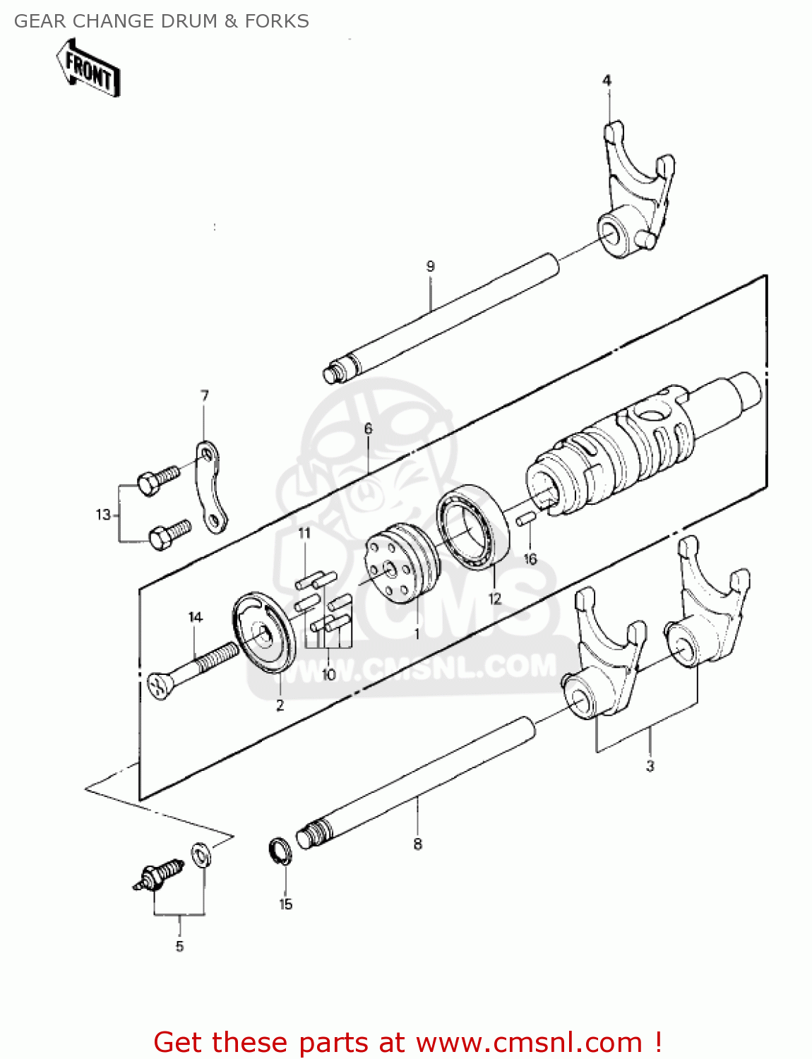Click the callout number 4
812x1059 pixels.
coord(607,80)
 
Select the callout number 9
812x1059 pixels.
coord(431,266)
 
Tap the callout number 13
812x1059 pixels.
coord(104,515)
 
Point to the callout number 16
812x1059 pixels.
coord(530,559)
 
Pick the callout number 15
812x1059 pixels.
coord(285,904)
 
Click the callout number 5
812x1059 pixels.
coord(179,946)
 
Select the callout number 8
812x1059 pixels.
coord(418,844)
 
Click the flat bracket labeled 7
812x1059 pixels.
coord(210,488)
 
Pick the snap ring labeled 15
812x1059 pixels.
coord(280,850)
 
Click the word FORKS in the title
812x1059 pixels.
coord(277,21)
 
